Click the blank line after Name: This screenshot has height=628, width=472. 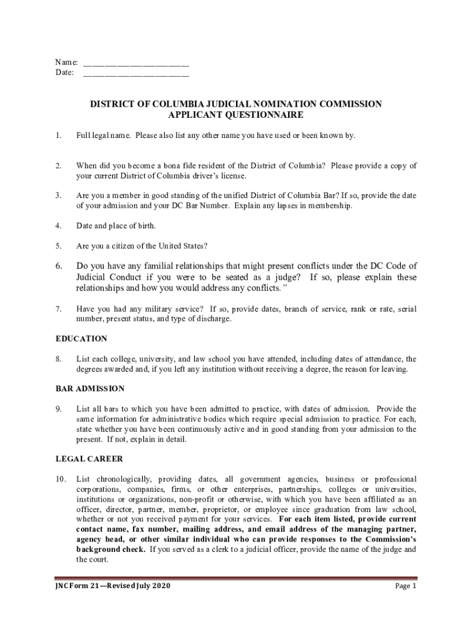coord(135,63)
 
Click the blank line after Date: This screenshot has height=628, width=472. coord(135,74)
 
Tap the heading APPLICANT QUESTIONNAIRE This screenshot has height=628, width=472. coord(236,115)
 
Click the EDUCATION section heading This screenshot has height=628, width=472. coord(82,339)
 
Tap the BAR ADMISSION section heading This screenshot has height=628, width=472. coord(90,389)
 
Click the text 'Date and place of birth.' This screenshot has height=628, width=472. coord(116,226)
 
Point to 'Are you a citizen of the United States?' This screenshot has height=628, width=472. coord(142,246)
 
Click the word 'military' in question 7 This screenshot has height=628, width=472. coord(151,309)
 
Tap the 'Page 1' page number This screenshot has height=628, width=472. coord(406,586)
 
